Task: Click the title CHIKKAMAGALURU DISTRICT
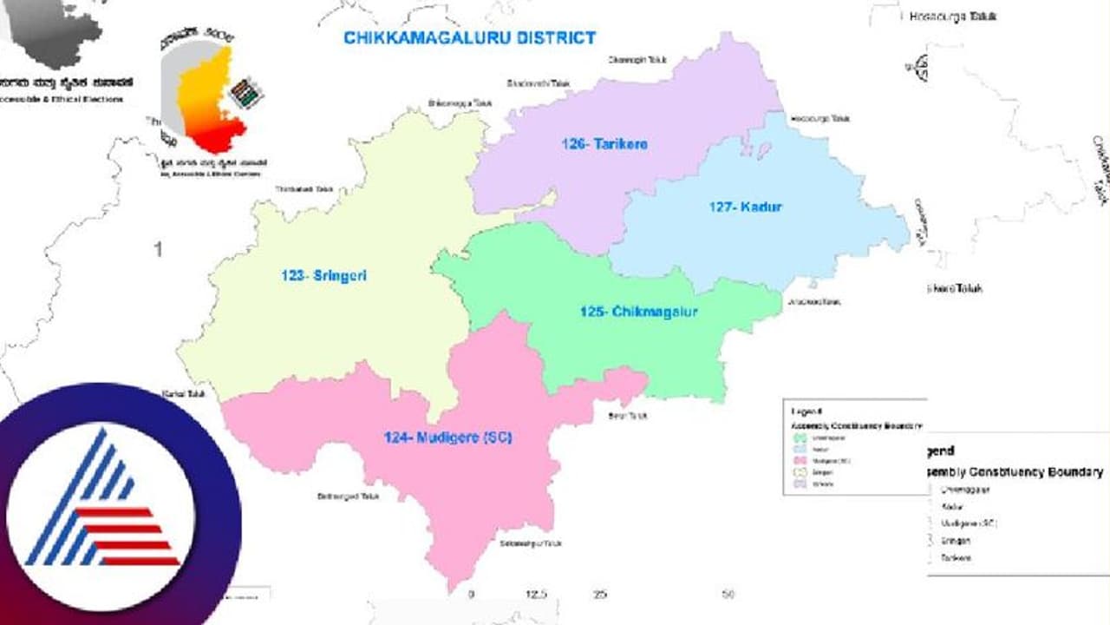pyautogui.click(x=469, y=38)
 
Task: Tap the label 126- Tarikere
pyautogui.click(x=604, y=144)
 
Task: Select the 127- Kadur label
pyautogui.click(x=745, y=207)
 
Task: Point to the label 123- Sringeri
pyautogui.click(x=323, y=276)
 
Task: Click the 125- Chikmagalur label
pyautogui.click(x=638, y=311)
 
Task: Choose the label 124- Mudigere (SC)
pyautogui.click(x=447, y=437)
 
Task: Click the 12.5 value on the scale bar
pyautogui.click(x=536, y=595)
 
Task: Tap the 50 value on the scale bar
pyautogui.click(x=728, y=595)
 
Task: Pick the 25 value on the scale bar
pyautogui.click(x=600, y=595)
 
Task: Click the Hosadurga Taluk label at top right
pyautogui.click(x=953, y=16)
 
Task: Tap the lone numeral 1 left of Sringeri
pyautogui.click(x=158, y=250)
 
